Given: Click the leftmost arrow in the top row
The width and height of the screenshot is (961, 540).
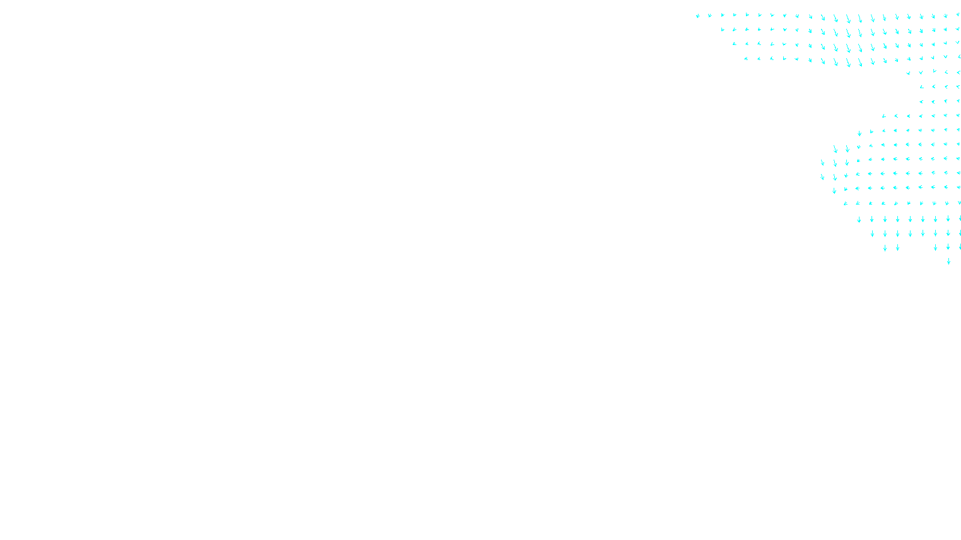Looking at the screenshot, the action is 697,16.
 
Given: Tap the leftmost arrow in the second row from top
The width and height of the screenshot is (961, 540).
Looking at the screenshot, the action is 723,29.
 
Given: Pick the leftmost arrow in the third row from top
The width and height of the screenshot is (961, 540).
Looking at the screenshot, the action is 734,44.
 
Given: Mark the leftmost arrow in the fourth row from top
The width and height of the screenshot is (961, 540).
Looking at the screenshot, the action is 746,59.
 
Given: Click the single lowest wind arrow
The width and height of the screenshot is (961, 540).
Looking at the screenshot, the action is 948,261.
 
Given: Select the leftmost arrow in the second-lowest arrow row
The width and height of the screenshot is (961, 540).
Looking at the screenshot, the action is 885,248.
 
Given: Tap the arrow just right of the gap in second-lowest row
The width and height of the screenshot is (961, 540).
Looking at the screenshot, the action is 935,247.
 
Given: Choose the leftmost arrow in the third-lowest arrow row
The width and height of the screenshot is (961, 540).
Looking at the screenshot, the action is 872,233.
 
